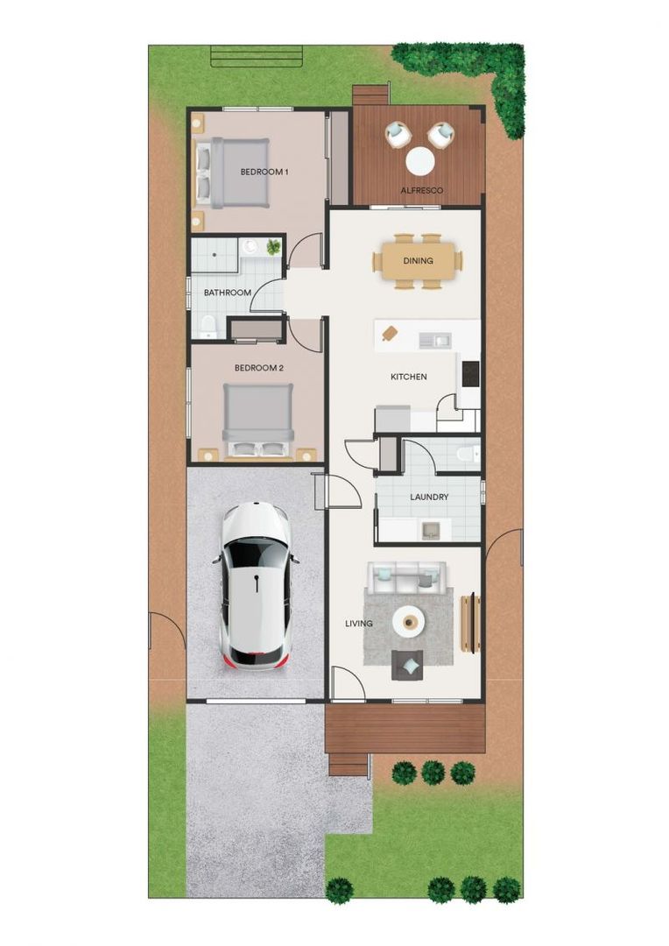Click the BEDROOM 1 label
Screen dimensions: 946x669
264,173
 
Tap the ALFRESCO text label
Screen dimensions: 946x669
421,190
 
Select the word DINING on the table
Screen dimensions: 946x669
418,260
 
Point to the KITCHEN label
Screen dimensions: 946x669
408,377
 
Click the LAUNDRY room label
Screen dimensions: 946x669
429,498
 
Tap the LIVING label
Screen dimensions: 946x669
359,624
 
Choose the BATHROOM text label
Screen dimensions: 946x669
228,293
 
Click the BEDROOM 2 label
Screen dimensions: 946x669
258,368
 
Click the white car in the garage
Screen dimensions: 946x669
255,585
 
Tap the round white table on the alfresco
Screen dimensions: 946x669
420,161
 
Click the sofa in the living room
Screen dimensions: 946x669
406,576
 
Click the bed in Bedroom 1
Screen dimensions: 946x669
229,173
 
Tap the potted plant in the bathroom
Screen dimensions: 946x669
274,248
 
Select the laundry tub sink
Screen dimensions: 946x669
430,528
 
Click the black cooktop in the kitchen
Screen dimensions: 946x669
471,374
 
